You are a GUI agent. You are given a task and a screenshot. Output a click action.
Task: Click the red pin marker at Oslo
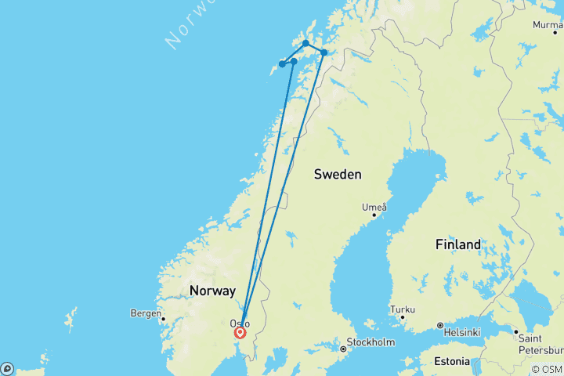point(240,332)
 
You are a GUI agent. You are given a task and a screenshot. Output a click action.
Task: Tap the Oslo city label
point(240,323)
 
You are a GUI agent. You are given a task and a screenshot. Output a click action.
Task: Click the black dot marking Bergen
point(163,318)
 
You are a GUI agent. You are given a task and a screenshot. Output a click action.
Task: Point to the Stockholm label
point(372,342)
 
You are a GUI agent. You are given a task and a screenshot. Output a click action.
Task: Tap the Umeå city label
point(374,207)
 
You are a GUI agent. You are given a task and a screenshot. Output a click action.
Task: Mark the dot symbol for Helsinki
point(440,325)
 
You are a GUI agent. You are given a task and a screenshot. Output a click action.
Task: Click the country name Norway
point(211,291)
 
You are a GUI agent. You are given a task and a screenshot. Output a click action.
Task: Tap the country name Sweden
point(338,174)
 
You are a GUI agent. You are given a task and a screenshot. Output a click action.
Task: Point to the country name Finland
point(458,244)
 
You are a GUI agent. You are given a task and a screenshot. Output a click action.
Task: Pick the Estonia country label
point(448,362)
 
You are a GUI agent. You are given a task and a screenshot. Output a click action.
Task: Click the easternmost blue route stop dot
point(324,52)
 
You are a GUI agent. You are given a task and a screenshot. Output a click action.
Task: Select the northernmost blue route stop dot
point(305,44)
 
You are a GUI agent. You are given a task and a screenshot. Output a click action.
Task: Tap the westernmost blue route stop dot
point(281,64)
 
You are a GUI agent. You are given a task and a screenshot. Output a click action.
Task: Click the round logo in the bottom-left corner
point(6,368)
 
